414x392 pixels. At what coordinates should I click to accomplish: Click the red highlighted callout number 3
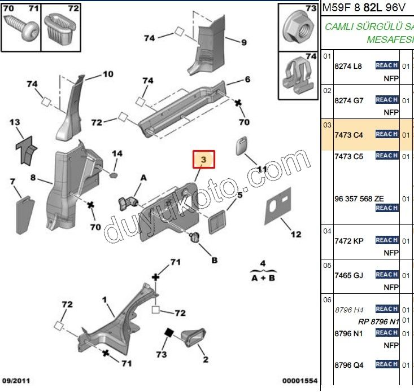(204, 160)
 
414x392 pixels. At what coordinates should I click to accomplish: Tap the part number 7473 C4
(349, 135)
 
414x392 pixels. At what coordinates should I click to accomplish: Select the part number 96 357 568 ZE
(359, 199)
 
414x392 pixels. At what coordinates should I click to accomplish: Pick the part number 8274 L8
(348, 66)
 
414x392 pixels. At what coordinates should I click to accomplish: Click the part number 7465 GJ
(348, 275)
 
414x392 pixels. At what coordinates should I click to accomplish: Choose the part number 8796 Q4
(349, 365)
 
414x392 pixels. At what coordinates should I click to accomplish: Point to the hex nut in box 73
(298, 27)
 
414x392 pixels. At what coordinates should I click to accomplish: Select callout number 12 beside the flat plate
(296, 234)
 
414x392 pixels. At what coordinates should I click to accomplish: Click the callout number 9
(244, 42)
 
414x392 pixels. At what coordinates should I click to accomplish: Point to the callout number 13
(15, 122)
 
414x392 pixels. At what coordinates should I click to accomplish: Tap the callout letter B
(215, 260)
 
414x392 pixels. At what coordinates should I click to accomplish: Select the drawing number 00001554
(300, 382)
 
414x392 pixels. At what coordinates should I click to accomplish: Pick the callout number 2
(206, 359)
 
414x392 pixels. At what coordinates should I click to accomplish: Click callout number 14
(116, 154)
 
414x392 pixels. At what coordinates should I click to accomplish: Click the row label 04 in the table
(327, 231)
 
